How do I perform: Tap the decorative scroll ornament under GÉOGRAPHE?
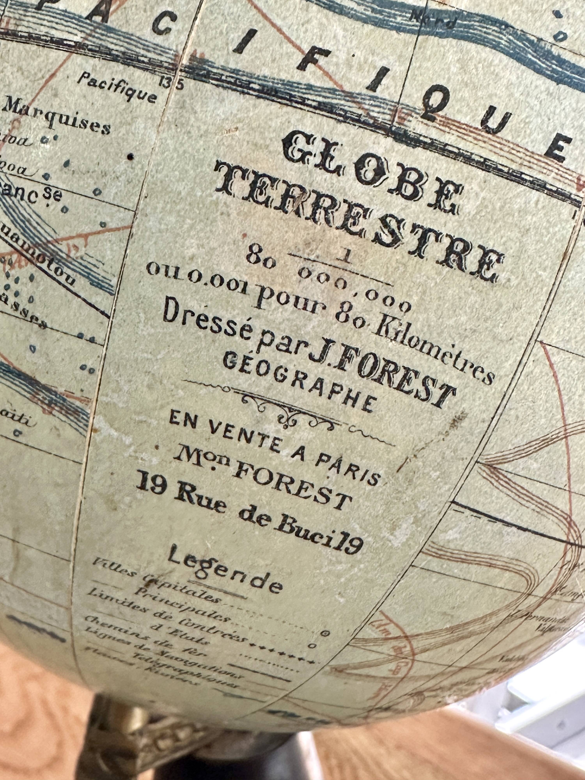tap(289, 409)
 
